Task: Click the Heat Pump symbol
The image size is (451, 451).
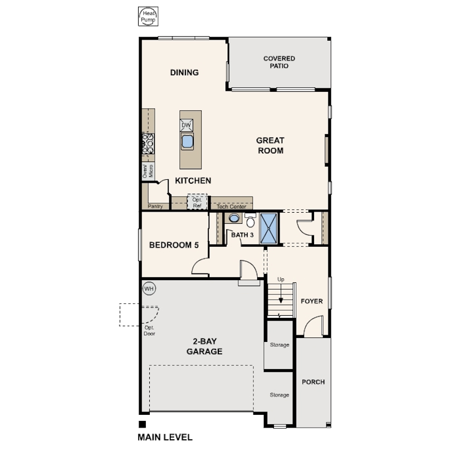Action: (148, 16)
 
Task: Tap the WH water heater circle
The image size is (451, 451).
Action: (149, 288)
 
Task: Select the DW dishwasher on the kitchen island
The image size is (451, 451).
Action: (187, 125)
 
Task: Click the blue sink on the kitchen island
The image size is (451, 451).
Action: (187, 141)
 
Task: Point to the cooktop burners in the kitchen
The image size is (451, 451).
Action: (148, 144)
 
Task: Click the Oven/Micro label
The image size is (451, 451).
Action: (148, 171)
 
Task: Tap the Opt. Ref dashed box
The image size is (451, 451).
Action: (197, 202)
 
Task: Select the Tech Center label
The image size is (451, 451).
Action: (232, 207)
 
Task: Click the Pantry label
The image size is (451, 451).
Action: (155, 206)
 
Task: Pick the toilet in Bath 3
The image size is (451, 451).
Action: (251, 220)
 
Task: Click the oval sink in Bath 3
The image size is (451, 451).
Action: (234, 218)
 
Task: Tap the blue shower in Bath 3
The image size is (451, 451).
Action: (268, 228)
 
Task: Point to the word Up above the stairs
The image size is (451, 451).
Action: (281, 280)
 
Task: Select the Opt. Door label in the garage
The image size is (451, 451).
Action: (150, 331)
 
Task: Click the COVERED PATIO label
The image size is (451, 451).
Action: (280, 62)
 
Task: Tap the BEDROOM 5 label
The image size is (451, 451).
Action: (174, 245)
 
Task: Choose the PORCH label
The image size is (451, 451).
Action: (313, 382)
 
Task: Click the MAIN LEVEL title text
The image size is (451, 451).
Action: (165, 437)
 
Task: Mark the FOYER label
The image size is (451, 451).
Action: (312, 301)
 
